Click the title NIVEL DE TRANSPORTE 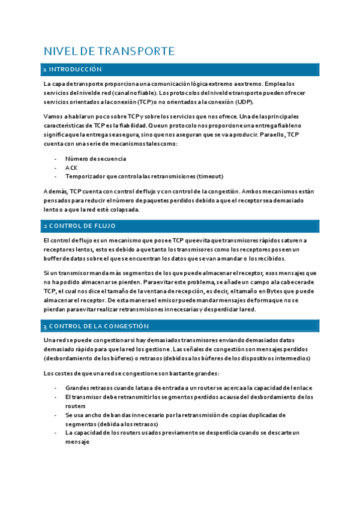[109, 52]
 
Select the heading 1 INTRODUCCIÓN [73, 70]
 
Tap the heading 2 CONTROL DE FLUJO [79, 226]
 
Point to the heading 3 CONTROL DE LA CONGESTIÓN [96, 327]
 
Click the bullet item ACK [71, 167]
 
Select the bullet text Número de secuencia [95, 159]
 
